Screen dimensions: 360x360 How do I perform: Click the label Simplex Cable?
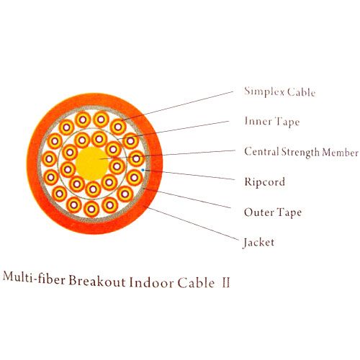280,92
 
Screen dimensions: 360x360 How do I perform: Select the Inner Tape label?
272,122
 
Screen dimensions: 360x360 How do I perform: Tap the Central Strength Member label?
301,152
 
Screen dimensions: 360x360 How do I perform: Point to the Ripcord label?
265,182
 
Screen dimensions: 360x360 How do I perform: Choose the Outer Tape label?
273,212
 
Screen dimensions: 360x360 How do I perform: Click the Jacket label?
258,243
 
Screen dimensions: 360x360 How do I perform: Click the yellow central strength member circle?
92,163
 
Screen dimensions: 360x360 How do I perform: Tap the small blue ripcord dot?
143,170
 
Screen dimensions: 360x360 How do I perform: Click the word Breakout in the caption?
97,281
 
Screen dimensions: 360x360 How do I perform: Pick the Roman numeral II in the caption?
225,282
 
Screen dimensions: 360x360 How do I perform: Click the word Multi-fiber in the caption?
34,279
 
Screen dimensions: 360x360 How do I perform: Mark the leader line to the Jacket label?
192,222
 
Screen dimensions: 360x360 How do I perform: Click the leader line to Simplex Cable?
177,106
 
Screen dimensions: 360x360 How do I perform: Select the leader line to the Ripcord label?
189,174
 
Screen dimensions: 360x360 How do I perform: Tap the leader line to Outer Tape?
187,198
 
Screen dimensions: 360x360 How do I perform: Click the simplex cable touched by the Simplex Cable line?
118,127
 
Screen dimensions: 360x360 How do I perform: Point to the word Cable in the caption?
196,282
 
